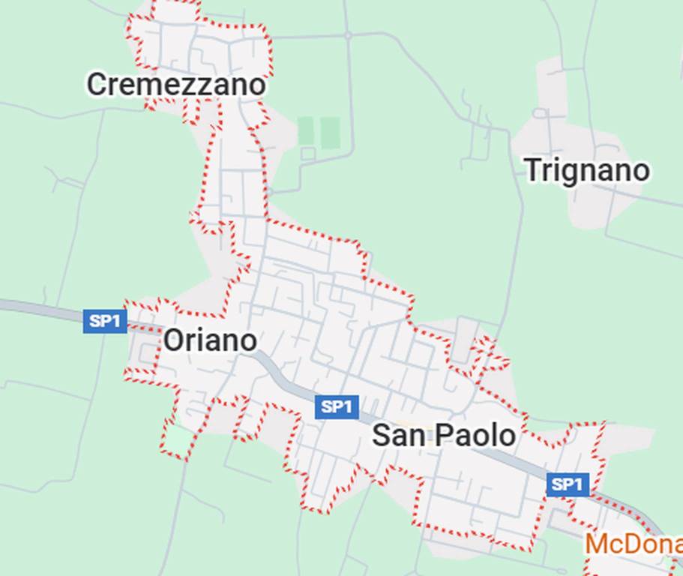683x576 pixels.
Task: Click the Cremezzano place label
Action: click(176, 85)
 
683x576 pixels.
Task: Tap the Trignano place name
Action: click(586, 170)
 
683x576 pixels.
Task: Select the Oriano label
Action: click(210, 340)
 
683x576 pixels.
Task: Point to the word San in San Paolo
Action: click(396, 436)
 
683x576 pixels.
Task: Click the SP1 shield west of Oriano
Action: click(105, 322)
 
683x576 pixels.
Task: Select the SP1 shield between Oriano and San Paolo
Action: click(337, 407)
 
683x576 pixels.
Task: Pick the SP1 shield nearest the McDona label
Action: click(567, 484)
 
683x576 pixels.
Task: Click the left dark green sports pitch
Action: click(305, 131)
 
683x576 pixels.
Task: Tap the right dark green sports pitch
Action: click(330, 133)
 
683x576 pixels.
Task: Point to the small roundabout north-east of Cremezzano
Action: click(348, 35)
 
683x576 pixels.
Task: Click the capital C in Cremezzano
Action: click(96, 85)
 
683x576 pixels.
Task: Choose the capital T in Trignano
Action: click(532, 170)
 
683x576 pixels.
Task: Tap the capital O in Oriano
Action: click(173, 340)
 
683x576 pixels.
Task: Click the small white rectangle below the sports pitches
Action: click(308, 154)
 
